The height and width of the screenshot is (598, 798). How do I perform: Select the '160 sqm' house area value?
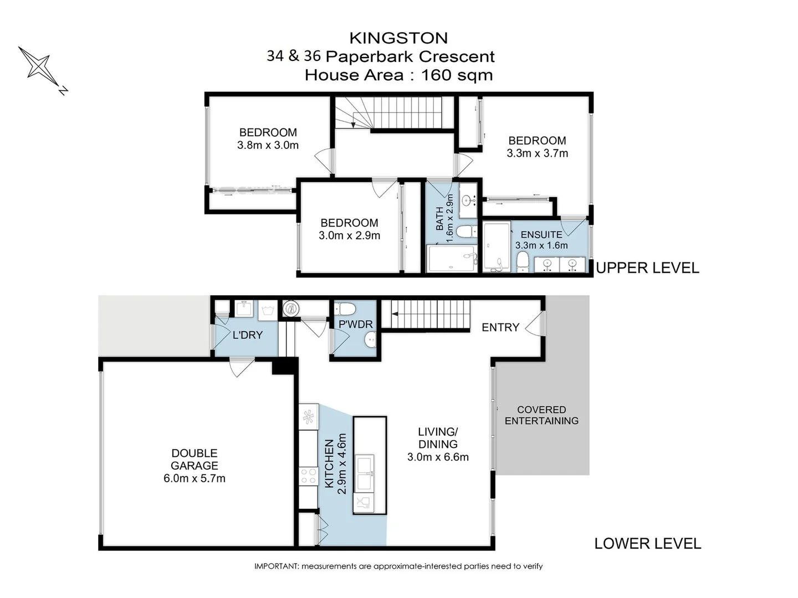pos(457,75)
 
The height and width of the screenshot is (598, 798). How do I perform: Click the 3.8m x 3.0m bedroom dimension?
pos(268,145)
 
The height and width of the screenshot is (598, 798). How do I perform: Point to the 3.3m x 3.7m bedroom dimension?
pos(538,153)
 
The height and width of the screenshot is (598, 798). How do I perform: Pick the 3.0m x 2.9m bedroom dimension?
pos(349,236)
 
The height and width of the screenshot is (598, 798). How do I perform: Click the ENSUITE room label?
pos(541,235)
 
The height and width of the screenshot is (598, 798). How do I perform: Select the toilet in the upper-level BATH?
pos(467,231)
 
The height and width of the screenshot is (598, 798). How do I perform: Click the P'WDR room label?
pos(356,324)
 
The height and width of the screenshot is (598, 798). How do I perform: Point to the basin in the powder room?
pos(370,339)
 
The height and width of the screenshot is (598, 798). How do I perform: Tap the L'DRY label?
pos(248,335)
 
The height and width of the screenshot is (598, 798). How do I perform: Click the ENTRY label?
pos(500,327)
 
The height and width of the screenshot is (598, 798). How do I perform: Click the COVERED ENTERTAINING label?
pos(541,415)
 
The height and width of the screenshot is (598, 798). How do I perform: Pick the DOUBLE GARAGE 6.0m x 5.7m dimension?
pos(195,478)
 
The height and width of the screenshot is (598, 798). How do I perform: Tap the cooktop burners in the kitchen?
pos(308,476)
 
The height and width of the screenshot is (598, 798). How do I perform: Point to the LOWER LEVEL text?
pos(647,544)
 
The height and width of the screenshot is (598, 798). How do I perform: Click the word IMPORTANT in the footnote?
pos(275,566)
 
